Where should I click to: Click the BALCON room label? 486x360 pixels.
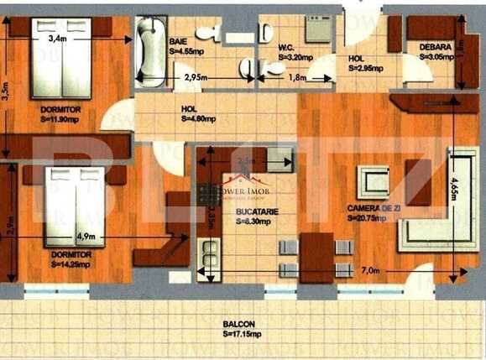tap(240, 324)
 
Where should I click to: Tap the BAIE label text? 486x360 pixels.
tap(177, 40)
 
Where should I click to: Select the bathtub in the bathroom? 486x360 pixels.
tap(151, 50)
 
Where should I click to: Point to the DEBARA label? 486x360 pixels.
tap(436, 47)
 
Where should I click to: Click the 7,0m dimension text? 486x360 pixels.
tap(372, 271)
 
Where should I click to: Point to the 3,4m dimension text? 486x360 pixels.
tap(57, 39)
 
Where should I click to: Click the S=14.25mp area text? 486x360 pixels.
tap(70, 264)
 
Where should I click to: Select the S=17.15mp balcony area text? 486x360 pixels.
tap(240, 334)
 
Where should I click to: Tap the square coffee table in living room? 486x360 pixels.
tap(374, 181)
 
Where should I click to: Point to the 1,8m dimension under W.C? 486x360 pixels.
tap(297, 77)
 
